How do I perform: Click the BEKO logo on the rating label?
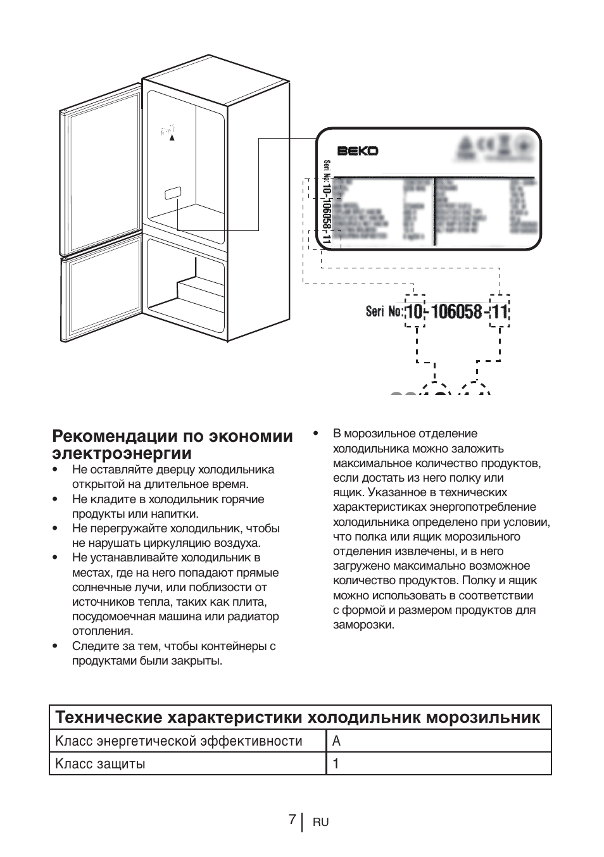357,151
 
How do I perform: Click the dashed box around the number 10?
414,311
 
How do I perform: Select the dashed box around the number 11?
500,311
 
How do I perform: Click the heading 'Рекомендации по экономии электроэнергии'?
173,444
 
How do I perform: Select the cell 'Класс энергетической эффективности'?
179,741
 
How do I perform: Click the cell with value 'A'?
337,741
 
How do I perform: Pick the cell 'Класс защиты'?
101,763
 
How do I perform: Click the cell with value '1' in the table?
336,763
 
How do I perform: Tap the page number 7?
291,819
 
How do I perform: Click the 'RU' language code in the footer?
320,822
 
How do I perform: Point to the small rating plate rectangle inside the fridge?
173,193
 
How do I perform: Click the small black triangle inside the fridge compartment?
172,138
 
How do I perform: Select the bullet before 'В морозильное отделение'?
314,434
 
